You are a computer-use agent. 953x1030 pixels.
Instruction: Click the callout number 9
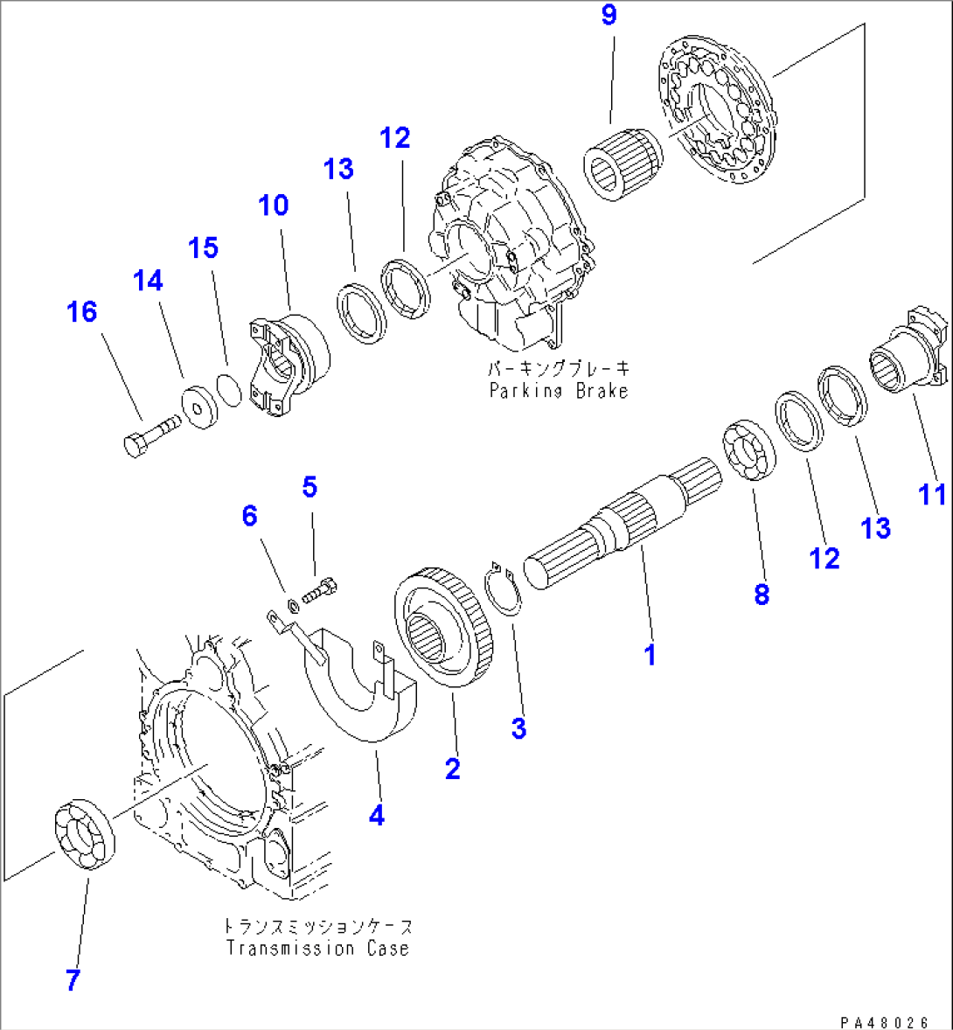click(609, 17)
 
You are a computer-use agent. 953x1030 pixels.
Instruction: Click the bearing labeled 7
click(85, 833)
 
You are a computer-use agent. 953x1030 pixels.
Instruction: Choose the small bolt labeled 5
click(321, 592)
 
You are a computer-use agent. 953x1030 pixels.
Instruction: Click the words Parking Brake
click(559, 391)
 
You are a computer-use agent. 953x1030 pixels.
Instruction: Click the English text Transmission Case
click(317, 949)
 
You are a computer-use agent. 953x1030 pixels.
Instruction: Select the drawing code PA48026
click(884, 1021)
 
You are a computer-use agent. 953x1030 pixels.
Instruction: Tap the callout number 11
click(933, 494)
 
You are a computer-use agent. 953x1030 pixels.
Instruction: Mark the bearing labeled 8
click(750, 451)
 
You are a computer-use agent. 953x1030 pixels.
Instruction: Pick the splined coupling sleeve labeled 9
click(623, 161)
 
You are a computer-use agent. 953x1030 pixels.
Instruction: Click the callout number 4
click(376, 816)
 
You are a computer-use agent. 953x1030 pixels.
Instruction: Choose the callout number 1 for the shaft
click(650, 655)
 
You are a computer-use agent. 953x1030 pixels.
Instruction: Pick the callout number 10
click(273, 205)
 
